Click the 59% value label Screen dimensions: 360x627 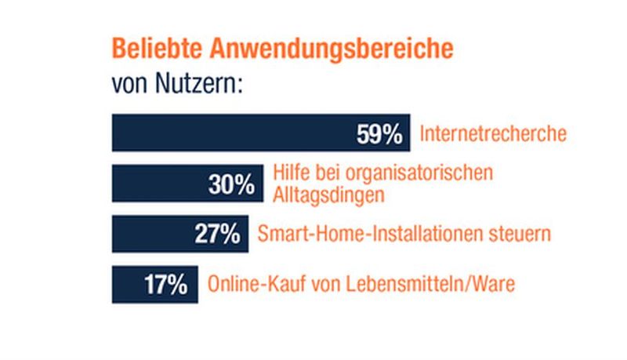coord(379,134)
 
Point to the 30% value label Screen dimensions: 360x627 coord(232,184)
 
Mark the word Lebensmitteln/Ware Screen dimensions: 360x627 coord(438,284)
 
